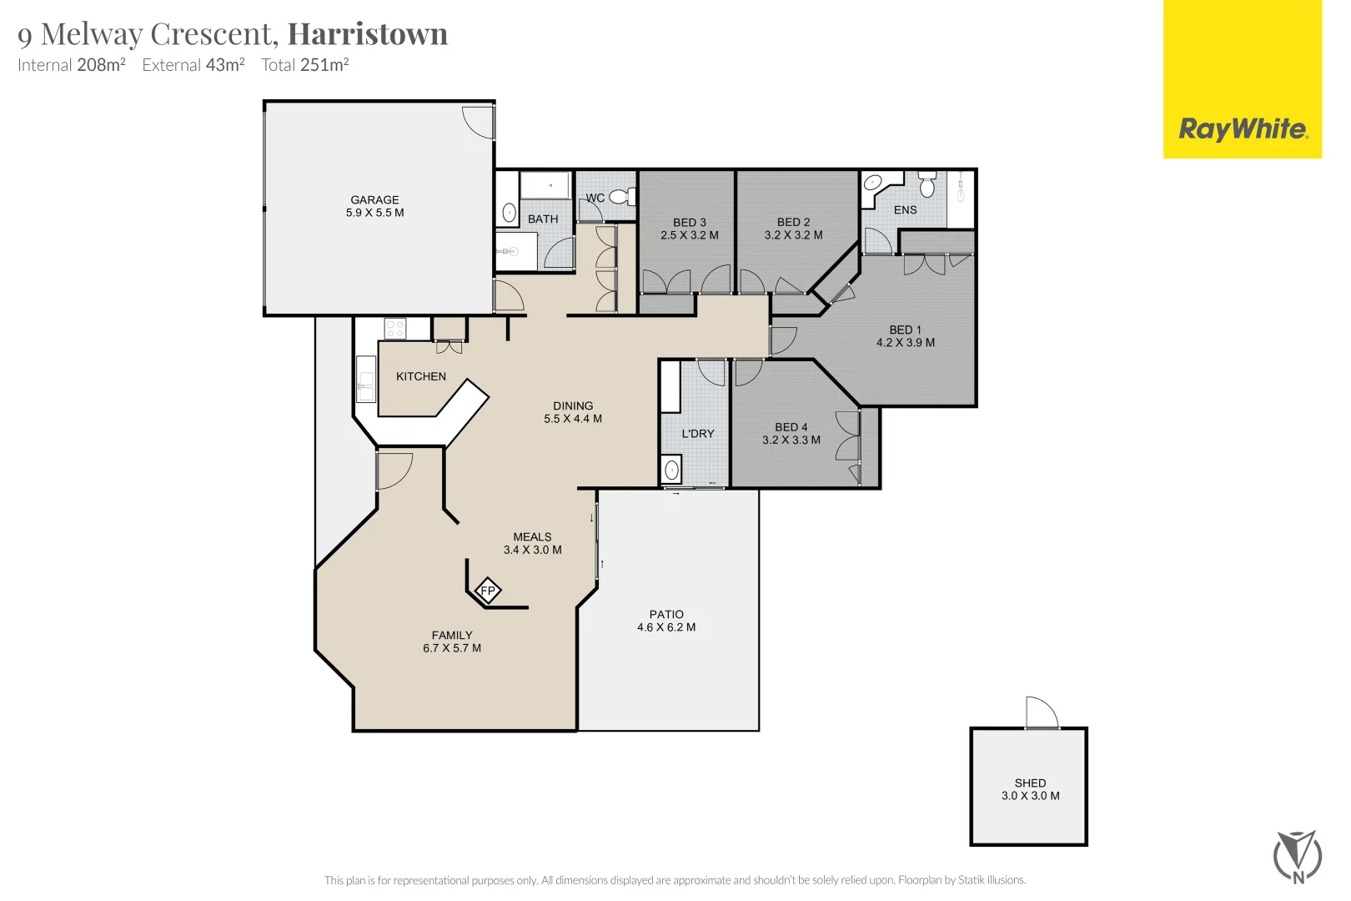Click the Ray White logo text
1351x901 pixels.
(1242, 129)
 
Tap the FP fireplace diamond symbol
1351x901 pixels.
(488, 591)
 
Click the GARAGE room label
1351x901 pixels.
(374, 200)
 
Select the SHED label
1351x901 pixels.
(1030, 783)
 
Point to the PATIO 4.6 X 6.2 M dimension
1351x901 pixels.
(666, 627)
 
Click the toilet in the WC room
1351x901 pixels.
(620, 197)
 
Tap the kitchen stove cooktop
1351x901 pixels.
(394, 329)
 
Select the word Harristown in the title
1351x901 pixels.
(368, 34)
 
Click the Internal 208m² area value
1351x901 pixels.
(101, 65)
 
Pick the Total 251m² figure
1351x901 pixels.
(324, 65)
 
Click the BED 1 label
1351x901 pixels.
(905, 330)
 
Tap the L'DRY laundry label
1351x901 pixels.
(698, 434)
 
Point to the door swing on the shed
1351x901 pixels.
(1042, 712)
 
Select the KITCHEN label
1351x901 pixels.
(421, 377)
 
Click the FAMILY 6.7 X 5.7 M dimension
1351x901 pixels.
(452, 648)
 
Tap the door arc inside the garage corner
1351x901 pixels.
(479, 122)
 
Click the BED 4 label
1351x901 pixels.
(791, 427)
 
